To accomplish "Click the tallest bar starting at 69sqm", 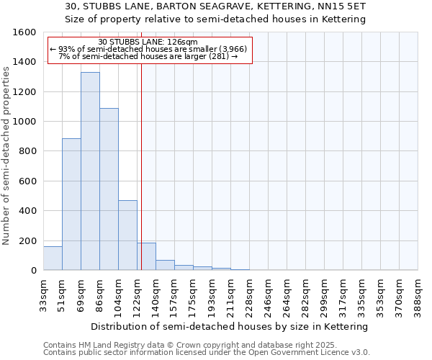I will point(90,171).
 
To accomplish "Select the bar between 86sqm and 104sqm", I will point(109,189).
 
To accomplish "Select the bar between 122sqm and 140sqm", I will point(147,256).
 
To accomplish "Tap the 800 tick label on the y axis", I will point(27,151).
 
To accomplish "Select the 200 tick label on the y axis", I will point(27,240).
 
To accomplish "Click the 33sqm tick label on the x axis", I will point(44,294).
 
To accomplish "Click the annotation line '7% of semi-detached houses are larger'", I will point(148,55).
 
